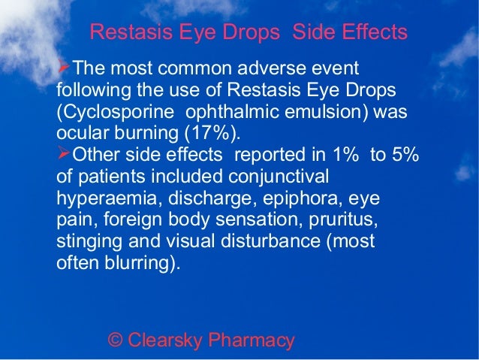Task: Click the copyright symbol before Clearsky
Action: (116, 340)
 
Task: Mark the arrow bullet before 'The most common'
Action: (63, 69)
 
